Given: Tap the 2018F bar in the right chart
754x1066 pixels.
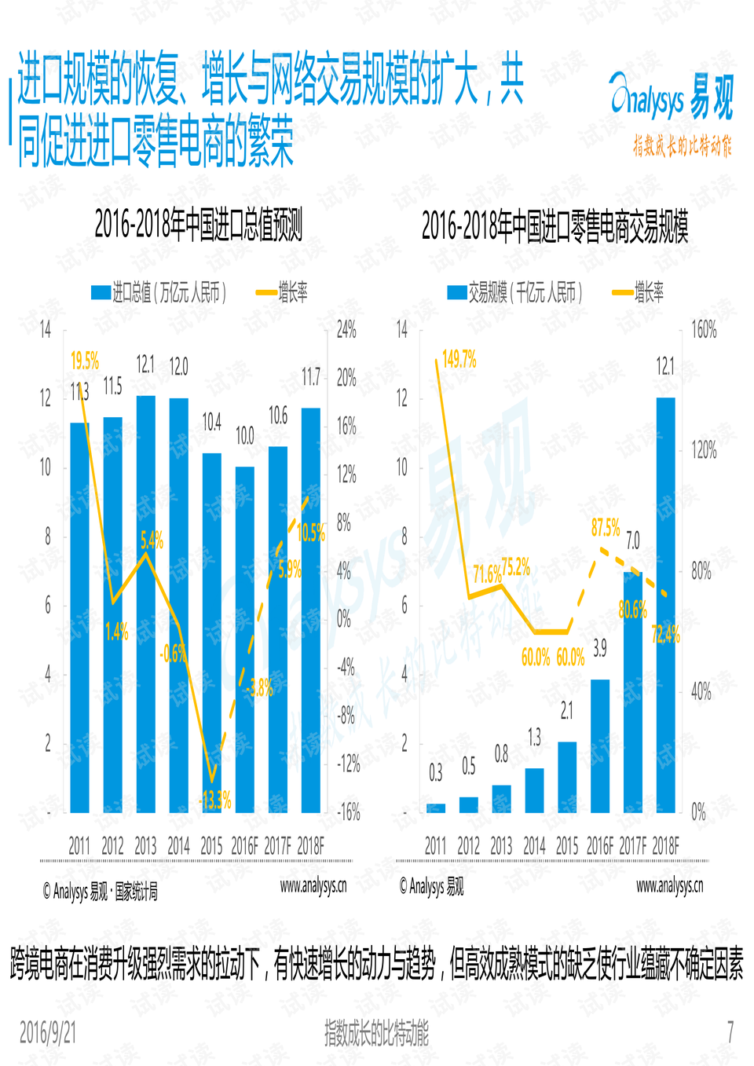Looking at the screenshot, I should click(666, 605).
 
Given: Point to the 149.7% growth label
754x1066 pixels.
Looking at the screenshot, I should click(459, 360).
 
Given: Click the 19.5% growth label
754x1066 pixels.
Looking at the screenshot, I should click(85, 361).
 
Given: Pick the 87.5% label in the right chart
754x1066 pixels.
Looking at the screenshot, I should click(606, 527).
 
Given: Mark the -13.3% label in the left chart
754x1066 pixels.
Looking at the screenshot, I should click(215, 800).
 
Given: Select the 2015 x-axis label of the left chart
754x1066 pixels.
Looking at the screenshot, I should click(211, 846).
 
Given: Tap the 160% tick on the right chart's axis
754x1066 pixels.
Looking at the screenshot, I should click(704, 330).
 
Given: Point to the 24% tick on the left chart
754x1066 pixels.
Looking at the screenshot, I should click(346, 330).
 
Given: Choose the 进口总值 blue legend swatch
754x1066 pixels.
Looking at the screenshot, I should click(101, 293).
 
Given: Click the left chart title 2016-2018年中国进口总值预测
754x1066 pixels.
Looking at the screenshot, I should click(198, 225).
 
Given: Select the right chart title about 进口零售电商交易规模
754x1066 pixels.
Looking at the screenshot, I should click(555, 227).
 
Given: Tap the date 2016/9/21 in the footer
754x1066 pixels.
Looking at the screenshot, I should click(48, 1032).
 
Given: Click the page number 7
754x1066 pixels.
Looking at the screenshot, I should click(730, 1031).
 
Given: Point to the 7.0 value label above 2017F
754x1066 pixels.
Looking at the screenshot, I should click(632, 540).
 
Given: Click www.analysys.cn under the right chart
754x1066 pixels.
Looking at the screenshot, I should click(669, 886).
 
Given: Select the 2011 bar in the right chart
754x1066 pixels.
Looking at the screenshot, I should click(436, 808).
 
